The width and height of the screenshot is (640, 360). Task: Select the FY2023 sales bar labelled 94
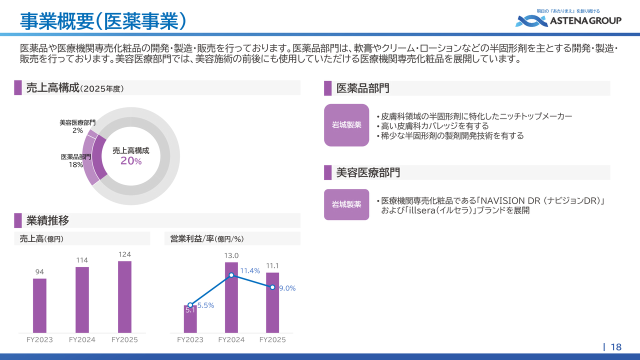[39, 305]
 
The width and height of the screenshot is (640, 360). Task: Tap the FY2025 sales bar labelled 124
[124, 297]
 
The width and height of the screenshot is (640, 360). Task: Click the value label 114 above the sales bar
[82, 260]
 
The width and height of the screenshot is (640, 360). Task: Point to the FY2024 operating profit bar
[231, 297]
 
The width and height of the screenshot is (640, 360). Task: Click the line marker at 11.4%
[231, 275]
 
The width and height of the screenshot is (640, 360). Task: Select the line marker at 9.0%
[272, 287]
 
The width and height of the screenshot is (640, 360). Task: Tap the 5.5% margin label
[205, 305]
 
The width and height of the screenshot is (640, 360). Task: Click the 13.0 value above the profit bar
[231, 255]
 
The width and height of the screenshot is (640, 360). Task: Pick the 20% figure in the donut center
[131, 161]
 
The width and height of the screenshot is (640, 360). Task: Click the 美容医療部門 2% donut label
[77, 126]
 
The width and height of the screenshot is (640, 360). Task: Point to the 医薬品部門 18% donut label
[75, 160]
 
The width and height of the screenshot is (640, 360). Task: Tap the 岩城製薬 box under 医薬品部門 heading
[346, 125]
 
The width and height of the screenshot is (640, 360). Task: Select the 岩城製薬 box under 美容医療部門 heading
[346, 204]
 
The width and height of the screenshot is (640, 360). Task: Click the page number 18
[616, 347]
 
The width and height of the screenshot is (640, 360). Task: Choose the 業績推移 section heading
[47, 220]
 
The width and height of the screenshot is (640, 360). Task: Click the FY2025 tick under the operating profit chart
[272, 339]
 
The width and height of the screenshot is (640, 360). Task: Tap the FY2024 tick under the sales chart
[82, 339]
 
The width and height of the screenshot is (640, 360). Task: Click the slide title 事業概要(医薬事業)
[103, 21]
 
